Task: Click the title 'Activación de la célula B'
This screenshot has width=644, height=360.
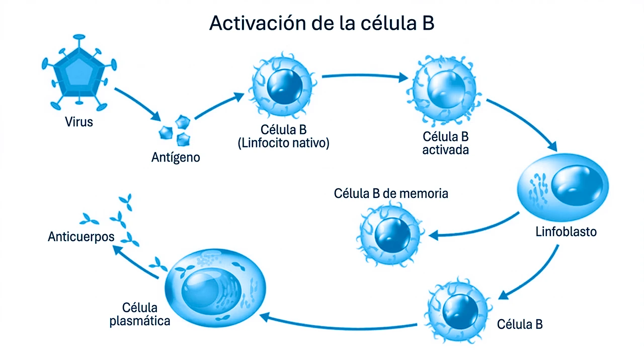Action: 321,23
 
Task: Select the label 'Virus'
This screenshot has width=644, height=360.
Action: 79,121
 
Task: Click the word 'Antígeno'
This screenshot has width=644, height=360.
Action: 176,158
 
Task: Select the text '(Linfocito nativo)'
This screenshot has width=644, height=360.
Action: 283,143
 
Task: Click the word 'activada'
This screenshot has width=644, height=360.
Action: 446,150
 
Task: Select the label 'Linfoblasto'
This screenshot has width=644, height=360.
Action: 566,232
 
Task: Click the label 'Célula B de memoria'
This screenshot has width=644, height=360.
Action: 391,193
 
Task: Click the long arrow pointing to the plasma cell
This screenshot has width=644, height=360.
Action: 337,322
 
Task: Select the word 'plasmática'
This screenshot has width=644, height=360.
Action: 140,321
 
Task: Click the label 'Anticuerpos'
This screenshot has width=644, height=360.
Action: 81,236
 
